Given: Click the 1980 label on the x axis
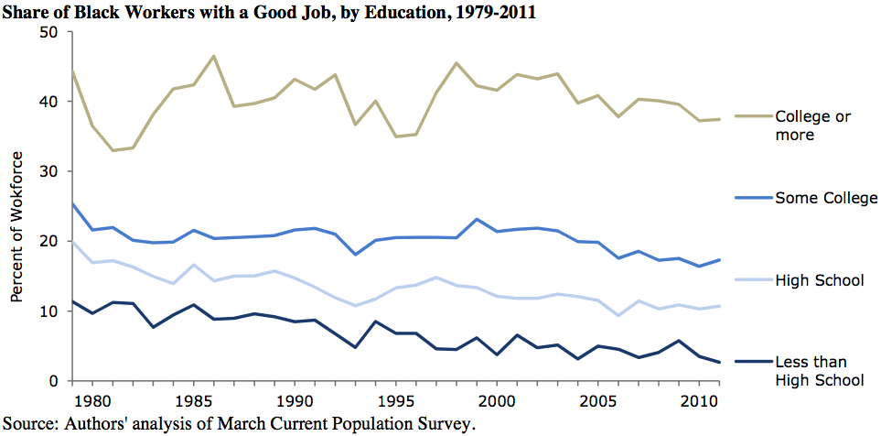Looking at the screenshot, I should tap(89, 400).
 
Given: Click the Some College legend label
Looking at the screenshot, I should tap(826, 198).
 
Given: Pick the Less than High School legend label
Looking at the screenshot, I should tap(819, 372).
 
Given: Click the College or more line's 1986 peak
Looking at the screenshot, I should tap(213, 56).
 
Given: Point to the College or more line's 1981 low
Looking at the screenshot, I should tap(113, 150).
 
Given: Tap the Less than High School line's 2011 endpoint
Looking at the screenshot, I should tap(720, 363).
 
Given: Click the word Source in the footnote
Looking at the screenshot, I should tap(27, 422).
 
